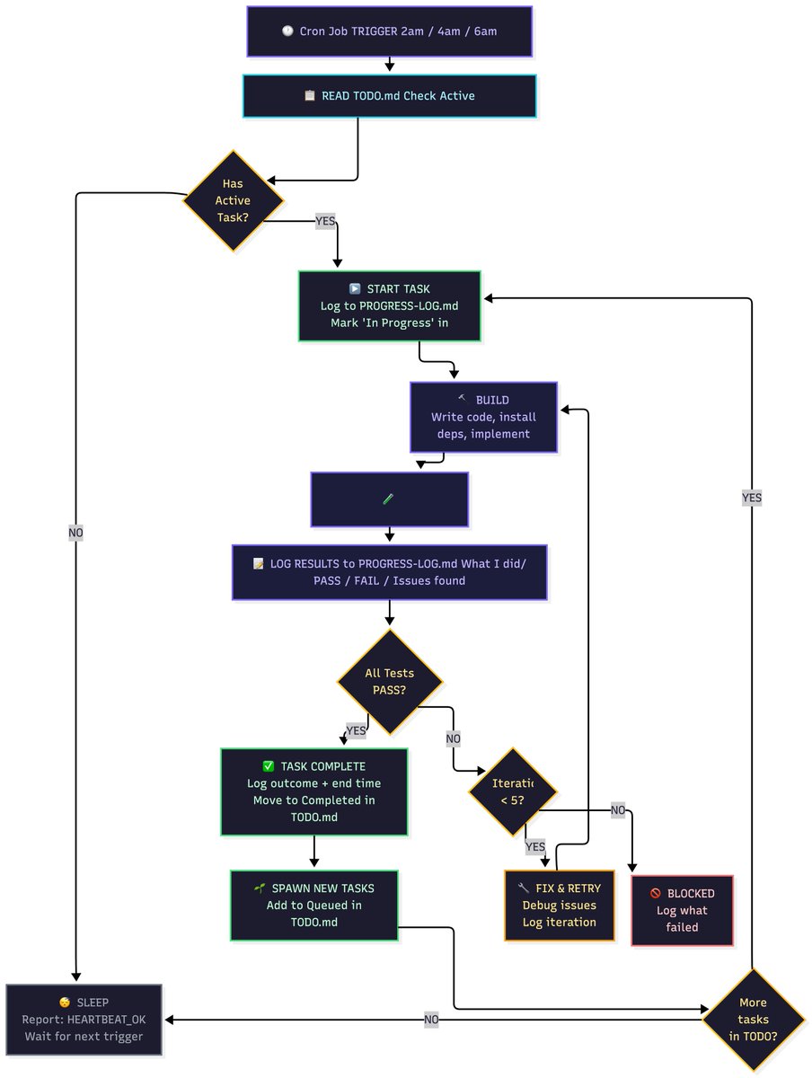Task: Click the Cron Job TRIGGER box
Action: pyautogui.click(x=389, y=31)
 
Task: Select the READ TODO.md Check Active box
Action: pyautogui.click(x=389, y=96)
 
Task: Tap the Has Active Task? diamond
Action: pyautogui.click(x=233, y=200)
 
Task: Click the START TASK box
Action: pyautogui.click(x=390, y=305)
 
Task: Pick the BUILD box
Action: pyautogui.click(x=483, y=418)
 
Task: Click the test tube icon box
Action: pyautogui.click(x=389, y=499)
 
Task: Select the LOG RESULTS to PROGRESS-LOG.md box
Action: pyautogui.click(x=389, y=572)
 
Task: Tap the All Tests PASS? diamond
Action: pyautogui.click(x=389, y=681)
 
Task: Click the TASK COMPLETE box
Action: pyautogui.click(x=313, y=791)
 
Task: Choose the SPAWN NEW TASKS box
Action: pyautogui.click(x=313, y=905)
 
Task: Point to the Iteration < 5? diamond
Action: pyautogui.click(x=513, y=791)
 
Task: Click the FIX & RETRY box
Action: pyautogui.click(x=559, y=905)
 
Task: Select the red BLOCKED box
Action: pyautogui.click(x=682, y=910)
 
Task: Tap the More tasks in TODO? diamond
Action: pyautogui.click(x=753, y=1020)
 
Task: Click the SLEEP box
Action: pyautogui.click(x=84, y=1020)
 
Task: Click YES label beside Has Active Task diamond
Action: pyautogui.click(x=324, y=221)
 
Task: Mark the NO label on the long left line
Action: pyautogui.click(x=75, y=533)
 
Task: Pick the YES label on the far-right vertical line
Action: pyautogui.click(x=751, y=497)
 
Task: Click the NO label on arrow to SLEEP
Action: pyautogui.click(x=431, y=1020)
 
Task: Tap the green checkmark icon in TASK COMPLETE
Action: pyautogui.click(x=268, y=766)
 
